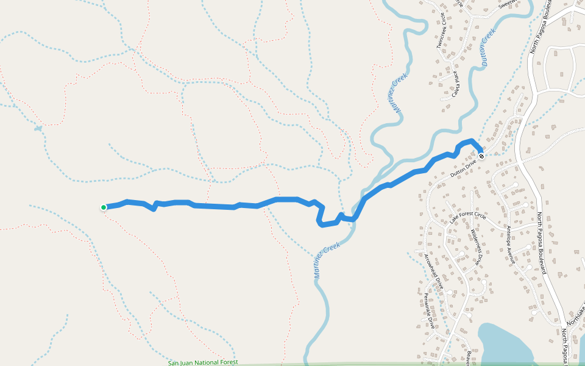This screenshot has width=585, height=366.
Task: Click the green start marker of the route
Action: pyautogui.click(x=104, y=207)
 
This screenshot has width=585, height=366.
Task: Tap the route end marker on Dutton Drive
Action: pyautogui.click(x=481, y=156)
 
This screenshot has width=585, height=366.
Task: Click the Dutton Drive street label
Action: pyautogui.click(x=463, y=168)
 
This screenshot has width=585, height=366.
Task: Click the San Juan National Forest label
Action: pyautogui.click(x=202, y=362)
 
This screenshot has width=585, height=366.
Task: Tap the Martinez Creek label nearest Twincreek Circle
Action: pyautogui.click(x=399, y=94)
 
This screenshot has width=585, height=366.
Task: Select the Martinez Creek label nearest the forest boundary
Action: pyautogui.click(x=327, y=260)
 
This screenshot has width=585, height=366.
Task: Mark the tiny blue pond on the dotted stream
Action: pyautogui.click(x=38, y=129)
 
